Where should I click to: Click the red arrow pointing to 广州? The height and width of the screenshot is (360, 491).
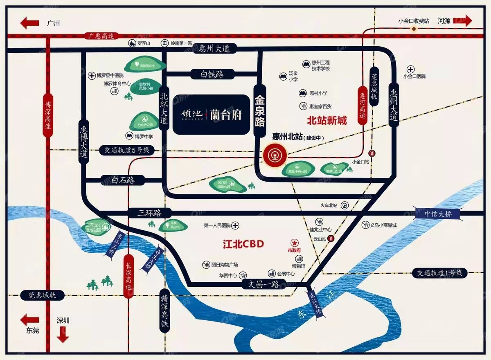(29, 23)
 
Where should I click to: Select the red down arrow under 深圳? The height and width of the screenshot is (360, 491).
(63, 334)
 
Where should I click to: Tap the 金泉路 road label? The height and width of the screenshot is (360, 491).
(260, 110)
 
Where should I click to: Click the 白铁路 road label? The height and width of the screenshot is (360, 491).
(213, 74)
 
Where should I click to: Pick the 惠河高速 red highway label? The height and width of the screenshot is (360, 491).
(362, 106)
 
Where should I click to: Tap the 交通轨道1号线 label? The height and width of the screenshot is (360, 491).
(439, 273)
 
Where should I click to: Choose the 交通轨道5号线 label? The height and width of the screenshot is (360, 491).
(124, 151)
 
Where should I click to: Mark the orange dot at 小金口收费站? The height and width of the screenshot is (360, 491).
(414, 29)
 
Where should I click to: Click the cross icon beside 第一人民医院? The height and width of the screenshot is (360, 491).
(236, 225)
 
